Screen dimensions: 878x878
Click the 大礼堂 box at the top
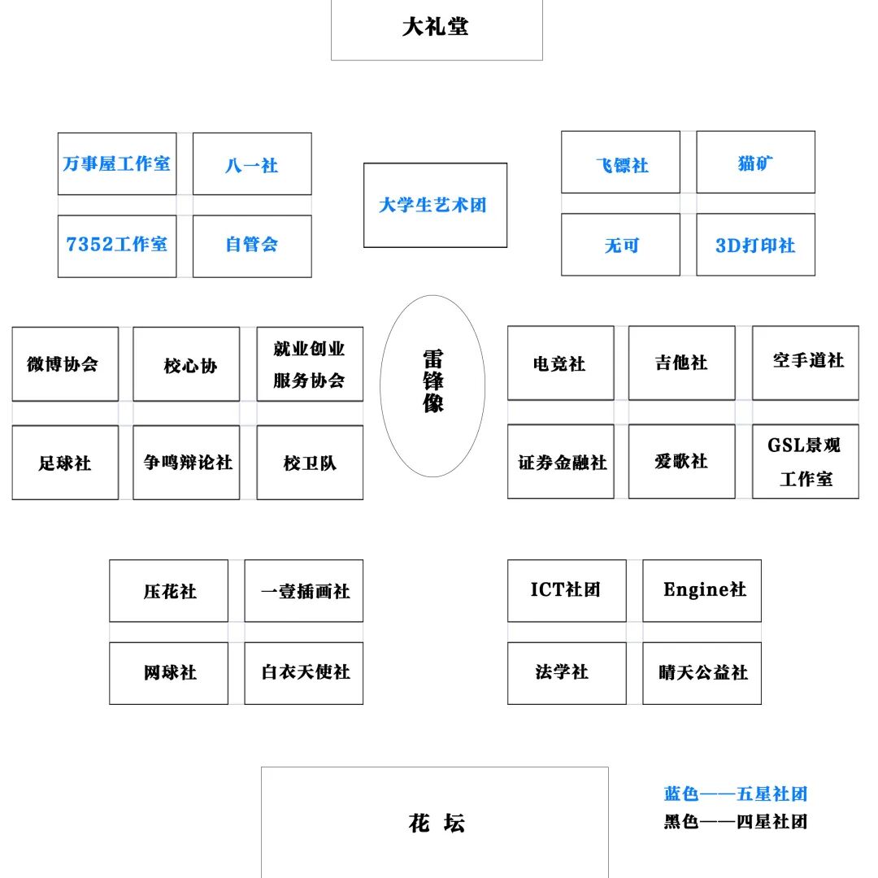tap(437, 28)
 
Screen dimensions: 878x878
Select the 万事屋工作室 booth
tap(117, 163)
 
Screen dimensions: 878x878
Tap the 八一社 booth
tap(252, 164)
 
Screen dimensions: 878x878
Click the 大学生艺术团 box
tap(435, 205)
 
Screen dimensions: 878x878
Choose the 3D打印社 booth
tap(755, 245)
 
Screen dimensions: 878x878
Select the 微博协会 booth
tap(65, 363)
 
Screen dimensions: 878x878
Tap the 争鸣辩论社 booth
tap(186, 462)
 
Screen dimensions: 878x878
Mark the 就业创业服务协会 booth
tap(310, 364)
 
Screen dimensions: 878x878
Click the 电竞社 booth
tap(560, 363)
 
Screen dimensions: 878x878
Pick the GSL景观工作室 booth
tap(805, 461)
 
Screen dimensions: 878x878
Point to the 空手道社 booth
tap(805, 363)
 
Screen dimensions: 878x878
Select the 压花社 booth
tap(169, 591)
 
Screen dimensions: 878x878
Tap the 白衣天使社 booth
tap(304, 673)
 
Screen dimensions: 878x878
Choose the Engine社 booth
tap(702, 590)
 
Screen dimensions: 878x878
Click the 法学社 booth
tap(567, 673)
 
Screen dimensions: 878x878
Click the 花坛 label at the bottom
tap(436, 823)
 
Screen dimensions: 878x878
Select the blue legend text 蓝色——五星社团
tap(735, 794)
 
